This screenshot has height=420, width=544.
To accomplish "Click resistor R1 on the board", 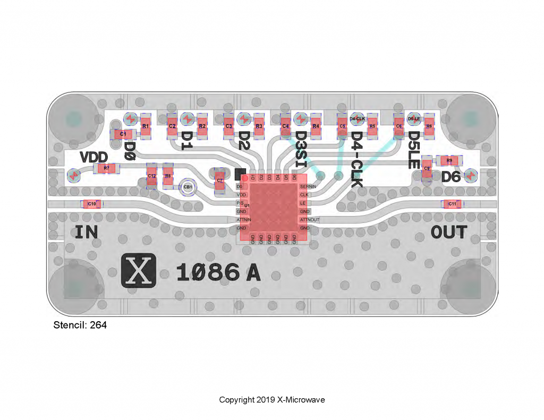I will pos(145,126).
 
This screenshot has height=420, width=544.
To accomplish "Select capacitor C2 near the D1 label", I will pos(172,126).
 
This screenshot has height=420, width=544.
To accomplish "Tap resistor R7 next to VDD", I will pos(106,168).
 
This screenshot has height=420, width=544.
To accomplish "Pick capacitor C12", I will pos(151,176).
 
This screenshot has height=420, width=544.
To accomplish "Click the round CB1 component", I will pos(188,187).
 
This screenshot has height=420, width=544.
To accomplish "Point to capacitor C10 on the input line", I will pos(91,204).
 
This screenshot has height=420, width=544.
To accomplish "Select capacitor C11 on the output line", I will pos(452,204).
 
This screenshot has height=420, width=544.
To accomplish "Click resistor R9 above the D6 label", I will pos(449,160).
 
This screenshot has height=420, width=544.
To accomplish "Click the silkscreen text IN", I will pos(87,233).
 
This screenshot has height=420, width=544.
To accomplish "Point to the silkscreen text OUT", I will pos(449,233).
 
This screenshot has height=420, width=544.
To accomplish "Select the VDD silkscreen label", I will pos(94,157).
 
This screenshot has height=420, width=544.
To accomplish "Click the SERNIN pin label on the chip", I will pos(307,187).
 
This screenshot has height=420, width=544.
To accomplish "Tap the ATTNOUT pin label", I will pos(310,219).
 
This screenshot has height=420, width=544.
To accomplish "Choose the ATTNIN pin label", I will pos(244,219).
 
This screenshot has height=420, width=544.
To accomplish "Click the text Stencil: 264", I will pos(80,325).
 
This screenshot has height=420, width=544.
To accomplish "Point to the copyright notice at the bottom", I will pos(272,400).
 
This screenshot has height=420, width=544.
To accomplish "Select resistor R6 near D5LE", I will pos(429,126).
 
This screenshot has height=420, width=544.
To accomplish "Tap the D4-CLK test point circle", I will pos(357,119).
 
